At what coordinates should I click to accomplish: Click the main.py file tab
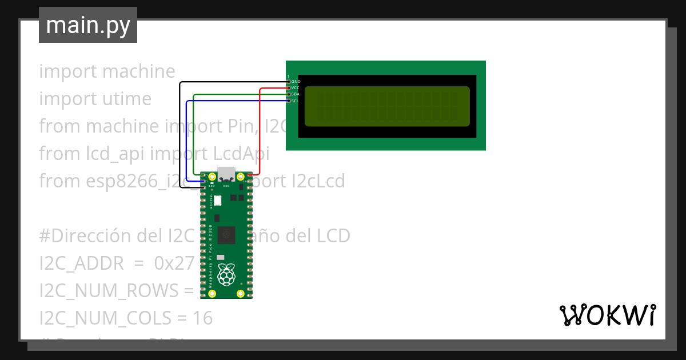[x=87, y=25]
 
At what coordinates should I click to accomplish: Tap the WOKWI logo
[x=607, y=315]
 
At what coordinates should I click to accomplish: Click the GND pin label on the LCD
[x=296, y=82]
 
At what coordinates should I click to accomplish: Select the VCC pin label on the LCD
[x=296, y=88]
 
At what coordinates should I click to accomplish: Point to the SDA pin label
[x=295, y=94]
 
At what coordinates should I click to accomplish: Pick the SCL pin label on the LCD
[x=295, y=101]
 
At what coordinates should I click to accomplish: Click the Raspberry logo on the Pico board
[x=226, y=275]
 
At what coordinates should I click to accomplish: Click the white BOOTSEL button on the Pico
[x=217, y=201]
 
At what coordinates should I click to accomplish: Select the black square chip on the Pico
[x=228, y=234]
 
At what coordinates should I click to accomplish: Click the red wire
[x=260, y=131]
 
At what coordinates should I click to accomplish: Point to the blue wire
[x=187, y=143]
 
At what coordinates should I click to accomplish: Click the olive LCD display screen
[x=387, y=106]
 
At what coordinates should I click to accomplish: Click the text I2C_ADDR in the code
[x=81, y=263]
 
